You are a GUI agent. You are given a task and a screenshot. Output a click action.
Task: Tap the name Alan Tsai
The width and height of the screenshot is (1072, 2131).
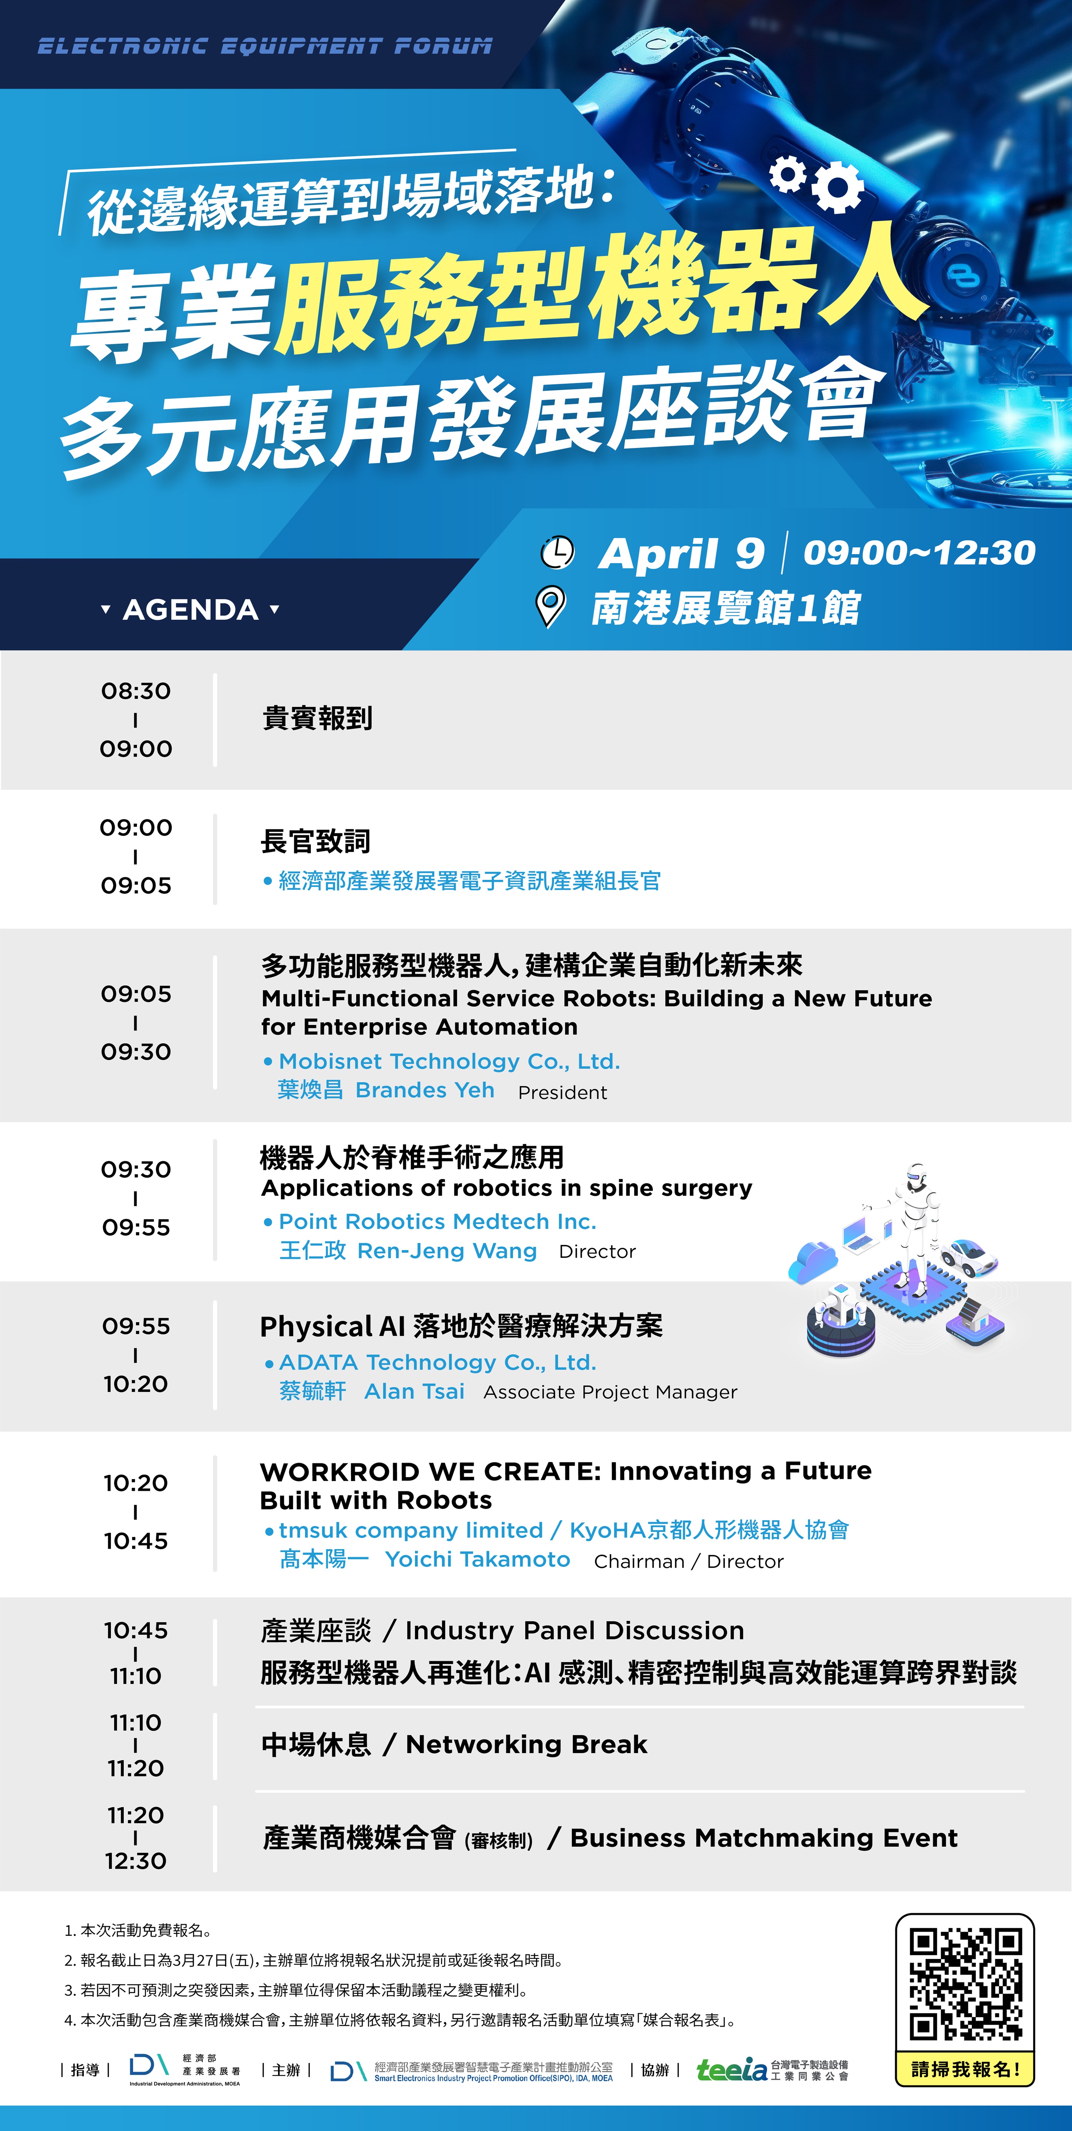415,1391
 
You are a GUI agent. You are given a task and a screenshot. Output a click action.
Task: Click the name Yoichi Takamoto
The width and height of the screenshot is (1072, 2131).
477,1559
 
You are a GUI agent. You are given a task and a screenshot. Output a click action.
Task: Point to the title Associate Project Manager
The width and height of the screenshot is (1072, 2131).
610,1392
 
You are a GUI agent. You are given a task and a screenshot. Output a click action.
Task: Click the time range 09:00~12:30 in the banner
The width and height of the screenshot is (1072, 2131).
919,552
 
